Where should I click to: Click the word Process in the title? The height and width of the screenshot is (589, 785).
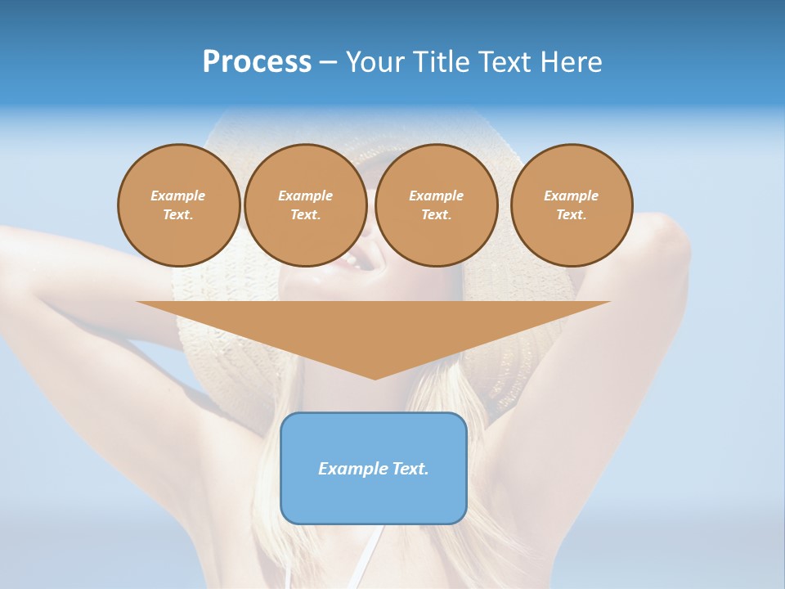click(x=257, y=62)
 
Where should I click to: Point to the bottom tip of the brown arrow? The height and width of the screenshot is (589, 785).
click(x=375, y=377)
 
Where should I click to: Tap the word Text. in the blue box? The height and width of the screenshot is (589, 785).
click(x=410, y=469)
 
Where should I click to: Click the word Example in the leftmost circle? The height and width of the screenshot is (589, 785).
click(x=178, y=196)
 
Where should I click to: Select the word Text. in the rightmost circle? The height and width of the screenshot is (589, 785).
click(x=572, y=214)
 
